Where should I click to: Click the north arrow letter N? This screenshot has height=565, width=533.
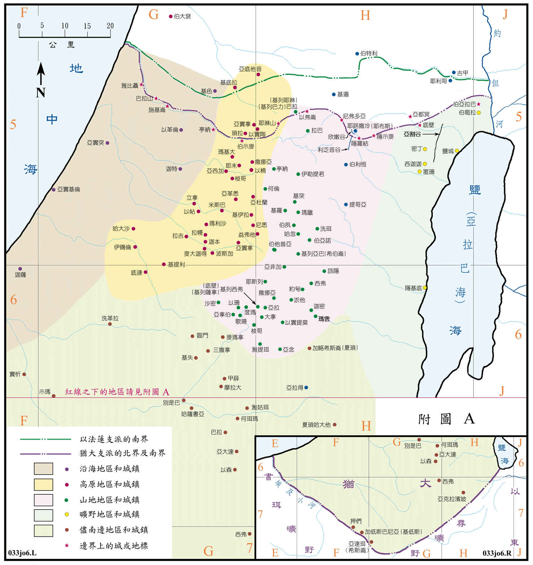pyautogui.click(x=40, y=93)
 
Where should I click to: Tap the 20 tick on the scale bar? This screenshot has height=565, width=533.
pyautogui.click(x=110, y=26)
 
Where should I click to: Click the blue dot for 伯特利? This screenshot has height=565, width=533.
pyautogui.click(x=357, y=54)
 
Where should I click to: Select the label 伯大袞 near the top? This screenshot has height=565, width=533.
pyautogui.click(x=182, y=17)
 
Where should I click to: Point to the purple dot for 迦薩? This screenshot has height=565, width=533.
pyautogui.click(x=20, y=269)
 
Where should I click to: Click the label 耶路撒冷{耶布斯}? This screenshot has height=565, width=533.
pyautogui.click(x=370, y=126)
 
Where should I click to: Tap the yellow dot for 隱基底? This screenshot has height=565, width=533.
pyautogui.click(x=425, y=288)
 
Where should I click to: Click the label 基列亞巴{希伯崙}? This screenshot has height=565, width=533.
pyautogui.click(x=323, y=254)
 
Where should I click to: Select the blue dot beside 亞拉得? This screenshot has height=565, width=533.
pyautogui.click(x=306, y=388)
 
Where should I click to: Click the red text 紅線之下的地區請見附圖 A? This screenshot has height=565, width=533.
pyautogui.click(x=117, y=392)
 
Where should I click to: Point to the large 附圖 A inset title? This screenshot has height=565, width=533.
pyautogui.click(x=446, y=419)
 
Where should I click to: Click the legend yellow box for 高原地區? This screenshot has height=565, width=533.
pyautogui.click(x=43, y=485)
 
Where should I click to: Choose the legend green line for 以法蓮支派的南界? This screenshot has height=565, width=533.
pyautogui.click(x=45, y=439)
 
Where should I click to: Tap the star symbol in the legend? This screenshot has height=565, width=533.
pyautogui.click(x=66, y=546)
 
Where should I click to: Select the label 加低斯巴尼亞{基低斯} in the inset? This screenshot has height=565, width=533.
pyautogui.click(x=393, y=532)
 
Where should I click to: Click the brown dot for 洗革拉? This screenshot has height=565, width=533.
pyautogui.click(x=110, y=324)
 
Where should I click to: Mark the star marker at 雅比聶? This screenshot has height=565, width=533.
pyautogui.click(x=142, y=85)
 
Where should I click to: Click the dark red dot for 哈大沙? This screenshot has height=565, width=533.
pyautogui.click(x=133, y=229)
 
